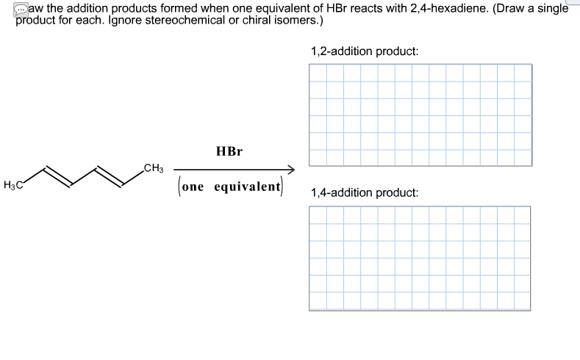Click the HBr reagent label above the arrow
click(x=229, y=151)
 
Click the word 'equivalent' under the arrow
click(x=248, y=187)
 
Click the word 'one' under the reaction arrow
click(x=193, y=187)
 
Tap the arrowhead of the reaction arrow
click(x=290, y=170)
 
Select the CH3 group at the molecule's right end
click(x=154, y=168)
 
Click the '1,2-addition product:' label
click(x=365, y=52)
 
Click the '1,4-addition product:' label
click(x=365, y=192)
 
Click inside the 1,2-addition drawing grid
click(x=420, y=114)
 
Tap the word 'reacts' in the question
click(x=370, y=8)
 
